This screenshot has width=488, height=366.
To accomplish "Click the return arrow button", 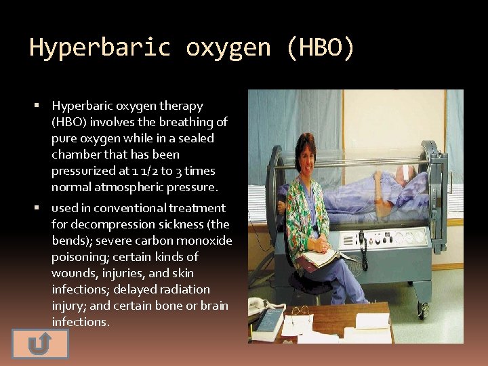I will click(40, 344).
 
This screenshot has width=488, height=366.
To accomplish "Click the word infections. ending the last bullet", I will click(80, 322).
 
